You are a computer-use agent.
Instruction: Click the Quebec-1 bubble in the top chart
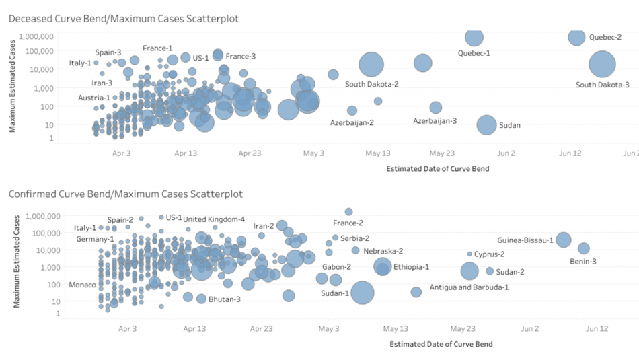coord(474,38)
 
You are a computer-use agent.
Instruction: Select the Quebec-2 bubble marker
coord(576,37)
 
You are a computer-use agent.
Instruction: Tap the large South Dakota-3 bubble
coord(603,65)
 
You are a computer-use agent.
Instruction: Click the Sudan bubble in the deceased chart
coord(487,124)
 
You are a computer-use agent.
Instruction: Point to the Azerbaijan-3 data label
coord(435,121)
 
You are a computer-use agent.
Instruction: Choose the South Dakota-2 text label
coord(372,85)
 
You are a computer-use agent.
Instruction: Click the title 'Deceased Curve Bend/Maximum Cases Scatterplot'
coord(124,19)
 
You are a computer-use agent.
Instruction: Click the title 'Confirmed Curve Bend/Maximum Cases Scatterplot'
coord(126,194)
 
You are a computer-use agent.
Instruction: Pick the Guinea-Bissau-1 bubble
coord(564,240)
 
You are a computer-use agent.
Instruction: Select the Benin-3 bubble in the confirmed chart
coord(584,248)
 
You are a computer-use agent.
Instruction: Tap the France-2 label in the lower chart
coord(348,223)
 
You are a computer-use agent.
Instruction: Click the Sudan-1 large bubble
coord(363,293)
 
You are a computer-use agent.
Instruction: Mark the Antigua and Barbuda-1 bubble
coord(416,292)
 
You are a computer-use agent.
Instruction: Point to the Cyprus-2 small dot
coord(469,254)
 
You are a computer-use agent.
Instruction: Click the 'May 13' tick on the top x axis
coord(378,153)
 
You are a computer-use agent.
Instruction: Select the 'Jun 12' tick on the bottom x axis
coord(597,329)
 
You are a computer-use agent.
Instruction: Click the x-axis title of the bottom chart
coord(441,344)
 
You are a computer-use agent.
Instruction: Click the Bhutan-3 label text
coord(225,299)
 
